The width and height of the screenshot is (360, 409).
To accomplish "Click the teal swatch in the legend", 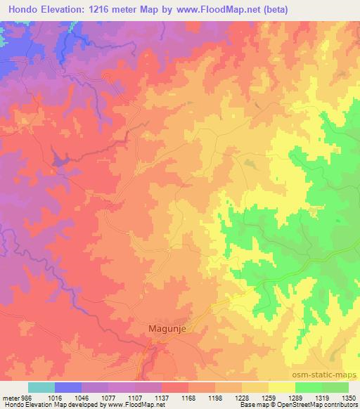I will [41, 387].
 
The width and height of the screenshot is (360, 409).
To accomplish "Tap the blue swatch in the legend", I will [67, 387].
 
